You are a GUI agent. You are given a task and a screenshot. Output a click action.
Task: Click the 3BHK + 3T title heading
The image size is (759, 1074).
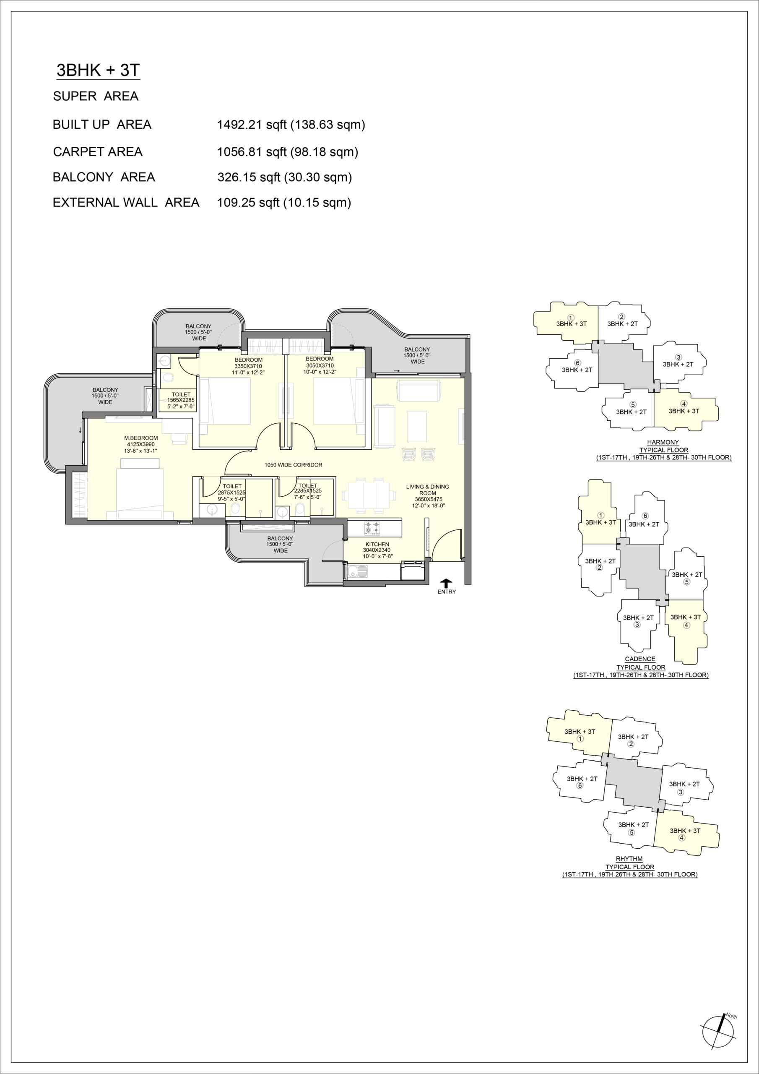(98, 70)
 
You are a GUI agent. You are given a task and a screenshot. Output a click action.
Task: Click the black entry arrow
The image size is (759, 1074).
(447, 583)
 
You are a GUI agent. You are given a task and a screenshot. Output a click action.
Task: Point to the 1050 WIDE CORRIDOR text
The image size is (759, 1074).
(293, 465)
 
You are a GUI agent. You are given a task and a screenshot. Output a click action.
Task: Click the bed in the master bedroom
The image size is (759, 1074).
(140, 489)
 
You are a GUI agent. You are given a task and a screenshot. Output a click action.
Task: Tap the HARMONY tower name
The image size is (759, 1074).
(663, 442)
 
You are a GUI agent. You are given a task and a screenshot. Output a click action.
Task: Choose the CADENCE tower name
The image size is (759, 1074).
(640, 659)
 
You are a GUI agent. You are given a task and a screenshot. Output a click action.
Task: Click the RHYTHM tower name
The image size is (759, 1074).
(629, 859)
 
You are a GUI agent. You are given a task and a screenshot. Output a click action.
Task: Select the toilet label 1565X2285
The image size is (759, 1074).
(181, 400)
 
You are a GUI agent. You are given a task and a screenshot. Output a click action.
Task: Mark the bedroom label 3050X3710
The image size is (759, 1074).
(320, 365)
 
